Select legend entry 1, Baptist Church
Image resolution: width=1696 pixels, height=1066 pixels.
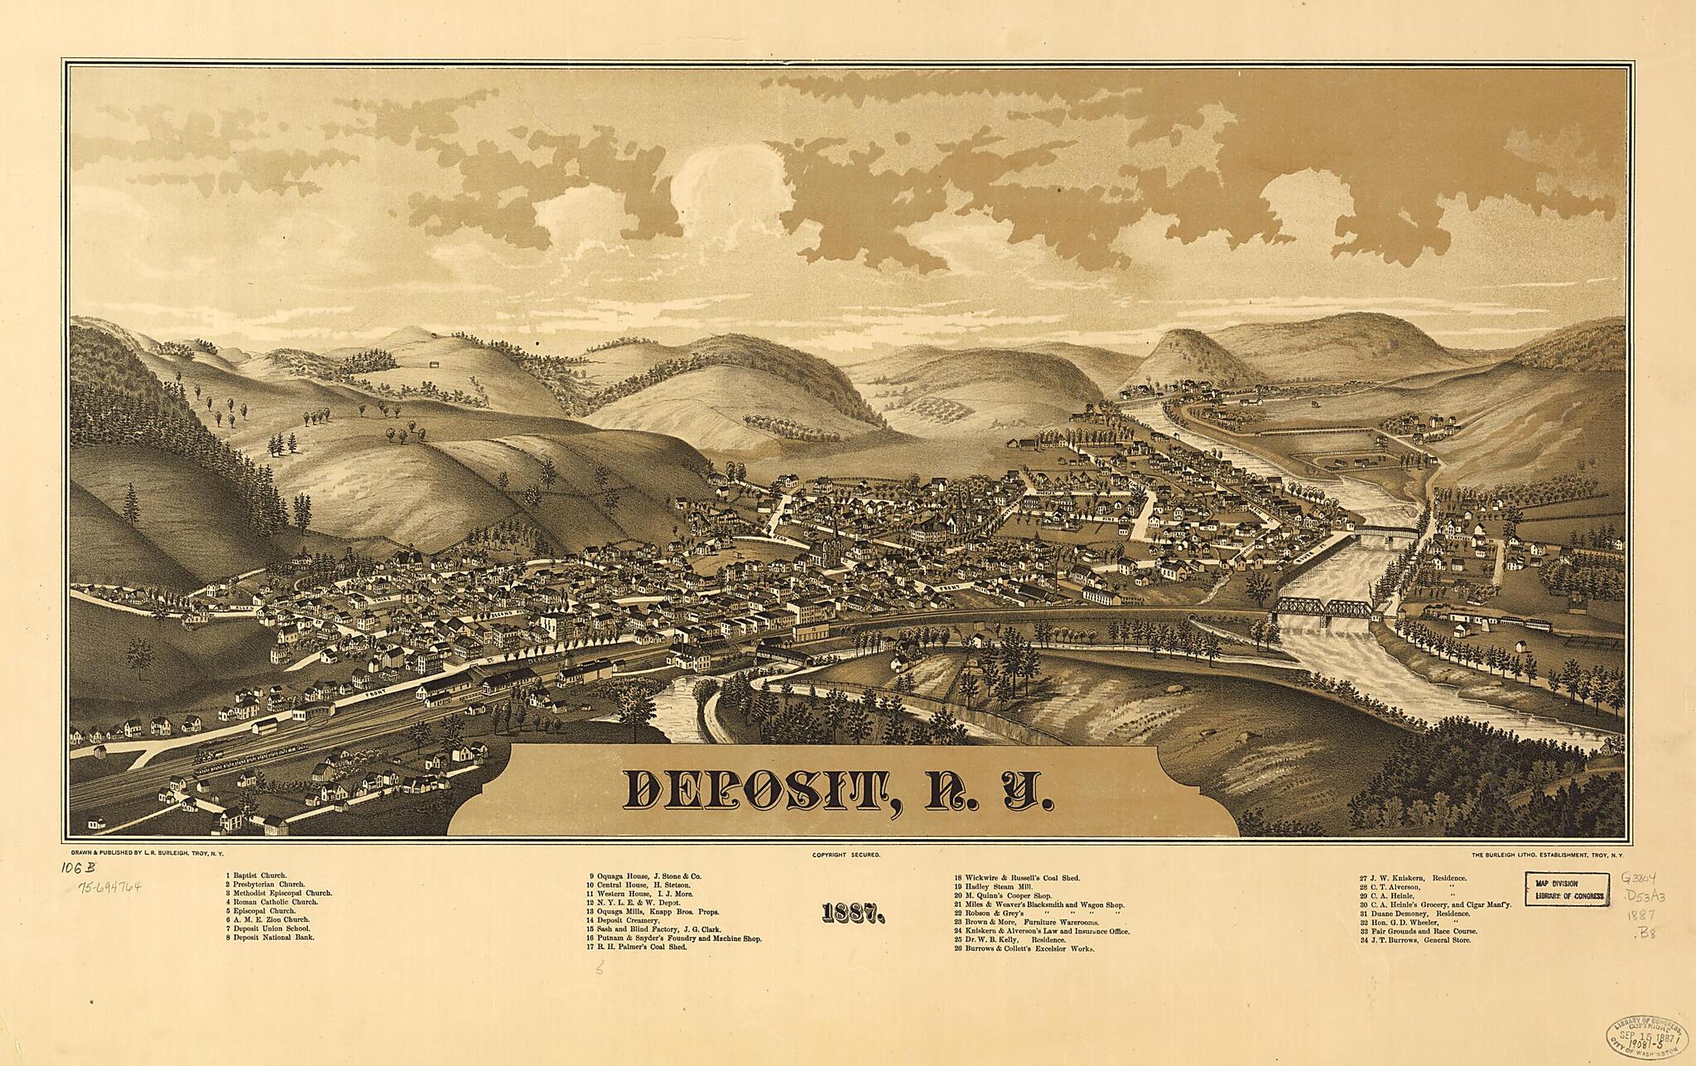pyautogui.click(x=257, y=875)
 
